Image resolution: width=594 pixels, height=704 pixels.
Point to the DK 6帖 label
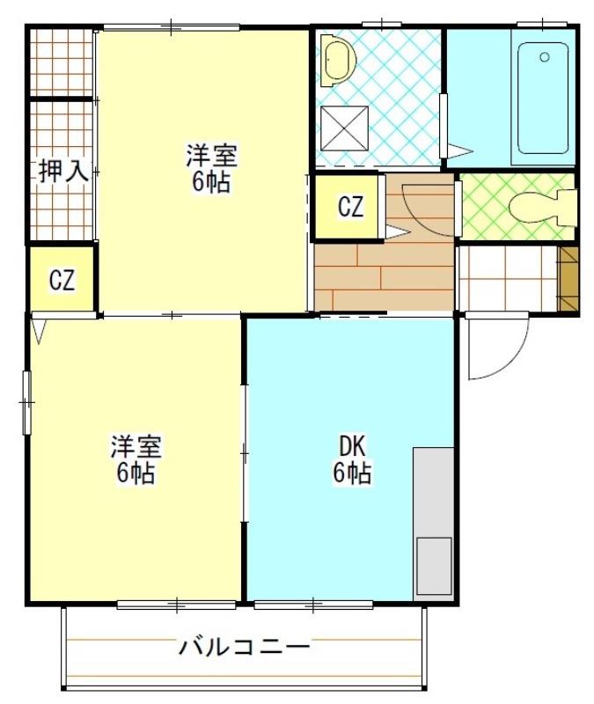tap(351, 459)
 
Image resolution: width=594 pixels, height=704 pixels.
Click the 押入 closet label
tap(62, 170)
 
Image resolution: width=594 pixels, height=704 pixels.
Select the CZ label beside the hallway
tap(350, 208)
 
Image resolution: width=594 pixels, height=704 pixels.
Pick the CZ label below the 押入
tap(62, 281)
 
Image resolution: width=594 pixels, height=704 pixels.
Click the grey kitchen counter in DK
tap(433, 493)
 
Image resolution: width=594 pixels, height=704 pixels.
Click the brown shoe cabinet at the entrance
tap(568, 279)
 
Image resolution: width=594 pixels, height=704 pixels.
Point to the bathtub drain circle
tap(545, 58)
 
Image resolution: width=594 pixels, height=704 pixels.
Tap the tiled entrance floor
tap(507, 279)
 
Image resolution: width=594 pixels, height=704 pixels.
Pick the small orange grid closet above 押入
tap(61, 62)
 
